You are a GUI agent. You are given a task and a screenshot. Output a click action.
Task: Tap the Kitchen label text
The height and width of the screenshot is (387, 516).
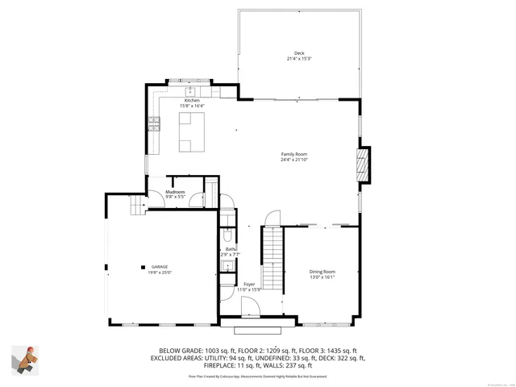[x=192, y=100]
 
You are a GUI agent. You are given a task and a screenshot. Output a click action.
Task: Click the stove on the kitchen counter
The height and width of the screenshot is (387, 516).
[x=152, y=124]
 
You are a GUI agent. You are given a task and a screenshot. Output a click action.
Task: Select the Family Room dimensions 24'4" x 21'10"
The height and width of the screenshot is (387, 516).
[x=294, y=160]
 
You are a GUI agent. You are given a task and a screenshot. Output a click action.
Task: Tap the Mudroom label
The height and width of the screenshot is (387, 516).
[x=176, y=191]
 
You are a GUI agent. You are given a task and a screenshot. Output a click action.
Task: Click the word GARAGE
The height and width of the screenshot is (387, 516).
[x=160, y=268]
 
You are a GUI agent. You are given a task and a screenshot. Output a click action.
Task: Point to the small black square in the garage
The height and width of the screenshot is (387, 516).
[x=142, y=267]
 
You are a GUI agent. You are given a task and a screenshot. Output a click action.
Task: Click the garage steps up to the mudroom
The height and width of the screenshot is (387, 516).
[x=136, y=208]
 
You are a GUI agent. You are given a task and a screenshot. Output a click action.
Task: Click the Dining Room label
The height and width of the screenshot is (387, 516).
[x=322, y=272]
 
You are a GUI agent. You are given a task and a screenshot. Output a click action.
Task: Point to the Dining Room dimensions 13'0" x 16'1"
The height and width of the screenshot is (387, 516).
[x=322, y=277]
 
